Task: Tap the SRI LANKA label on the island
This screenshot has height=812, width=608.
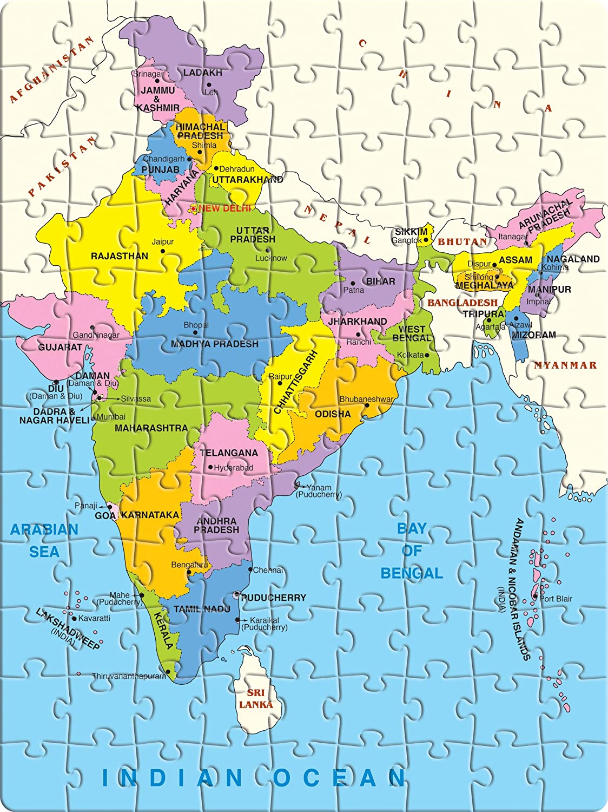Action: pos(256,699)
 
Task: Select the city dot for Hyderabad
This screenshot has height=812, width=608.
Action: pos(210,467)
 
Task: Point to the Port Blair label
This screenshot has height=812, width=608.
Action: pos(556,599)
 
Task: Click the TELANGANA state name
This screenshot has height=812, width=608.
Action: pos(229,453)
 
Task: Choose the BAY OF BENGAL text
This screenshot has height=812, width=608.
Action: pos(412,551)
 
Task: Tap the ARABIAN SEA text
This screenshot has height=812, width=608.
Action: pos(44,540)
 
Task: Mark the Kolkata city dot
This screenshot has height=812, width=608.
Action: pos(427,355)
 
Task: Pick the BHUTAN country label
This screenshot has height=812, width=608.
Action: pos(462,242)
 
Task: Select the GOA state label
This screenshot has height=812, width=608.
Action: pos(105,516)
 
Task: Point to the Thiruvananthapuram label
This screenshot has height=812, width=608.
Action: pos(129,676)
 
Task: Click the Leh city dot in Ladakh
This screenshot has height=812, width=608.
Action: pos(208,84)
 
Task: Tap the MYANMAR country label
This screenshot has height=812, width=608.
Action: pos(565,365)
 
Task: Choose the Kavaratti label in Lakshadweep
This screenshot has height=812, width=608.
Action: pos(94,618)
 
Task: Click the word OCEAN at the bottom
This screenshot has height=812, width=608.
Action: pos(339,778)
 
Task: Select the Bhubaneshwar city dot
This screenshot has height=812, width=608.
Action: pos(367,405)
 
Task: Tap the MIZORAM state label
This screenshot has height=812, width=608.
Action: pos(534,335)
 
